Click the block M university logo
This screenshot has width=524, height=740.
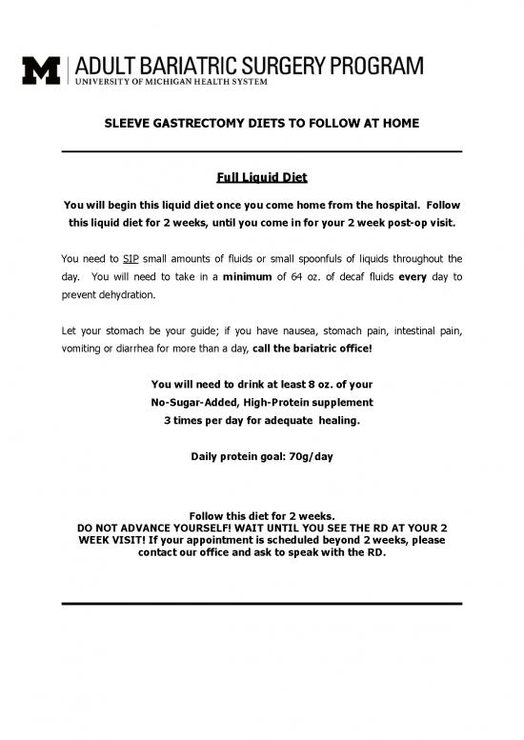point(41,69)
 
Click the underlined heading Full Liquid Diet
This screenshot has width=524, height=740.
point(261,179)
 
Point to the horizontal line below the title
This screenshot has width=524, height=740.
point(261,152)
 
